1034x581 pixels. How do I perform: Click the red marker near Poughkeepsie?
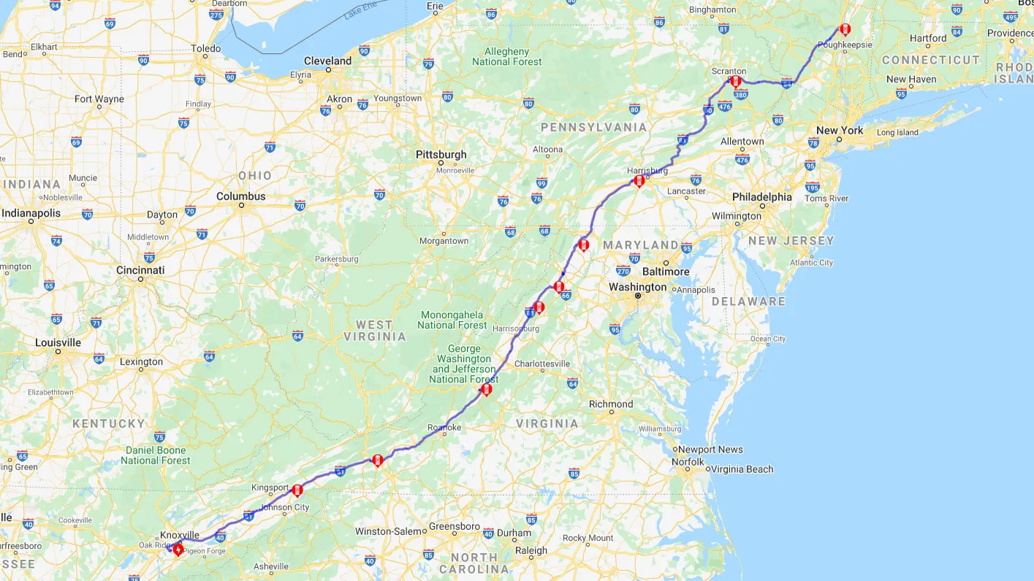coord(845,30)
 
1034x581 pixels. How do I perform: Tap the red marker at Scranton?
coord(736,81)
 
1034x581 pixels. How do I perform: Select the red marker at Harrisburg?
coord(639,181)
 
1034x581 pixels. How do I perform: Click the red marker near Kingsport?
coord(297,490)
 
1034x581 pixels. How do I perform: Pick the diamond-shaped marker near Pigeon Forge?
coord(178,549)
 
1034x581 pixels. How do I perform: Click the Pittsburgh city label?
coord(441,155)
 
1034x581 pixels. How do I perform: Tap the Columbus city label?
coord(241,196)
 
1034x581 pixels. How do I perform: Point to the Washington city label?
coord(638,287)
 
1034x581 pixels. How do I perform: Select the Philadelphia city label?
coord(762,197)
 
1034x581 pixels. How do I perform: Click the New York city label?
coord(840,131)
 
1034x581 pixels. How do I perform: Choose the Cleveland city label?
coord(327,61)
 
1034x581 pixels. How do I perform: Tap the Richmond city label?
coord(611,404)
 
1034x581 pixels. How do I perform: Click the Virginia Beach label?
coord(742,469)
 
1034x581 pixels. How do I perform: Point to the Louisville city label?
coord(58,342)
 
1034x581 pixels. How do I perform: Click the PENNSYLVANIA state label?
coord(593,128)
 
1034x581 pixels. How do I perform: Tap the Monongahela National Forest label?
coord(452,320)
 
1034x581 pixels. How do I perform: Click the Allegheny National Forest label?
coord(507,56)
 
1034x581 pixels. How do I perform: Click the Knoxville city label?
coord(180,535)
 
